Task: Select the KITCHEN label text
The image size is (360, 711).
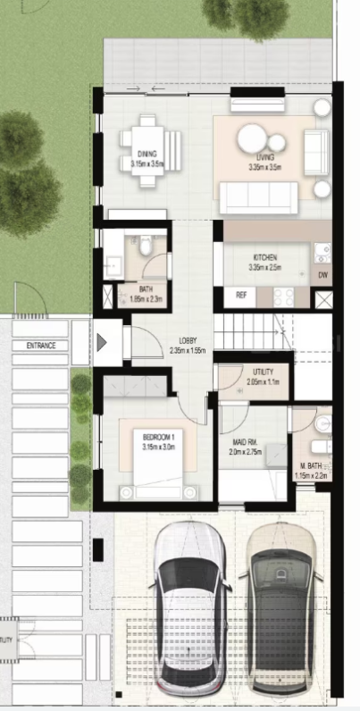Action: pyautogui.click(x=266, y=255)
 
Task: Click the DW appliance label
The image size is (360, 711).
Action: pyautogui.click(x=323, y=276)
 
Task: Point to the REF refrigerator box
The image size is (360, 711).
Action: pyautogui.click(x=241, y=294)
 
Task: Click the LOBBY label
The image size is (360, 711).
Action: pyautogui.click(x=188, y=340)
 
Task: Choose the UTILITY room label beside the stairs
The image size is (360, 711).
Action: pyautogui.click(x=263, y=372)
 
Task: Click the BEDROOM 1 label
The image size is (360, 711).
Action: pyautogui.click(x=162, y=438)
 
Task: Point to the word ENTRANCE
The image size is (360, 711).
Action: pyautogui.click(x=41, y=346)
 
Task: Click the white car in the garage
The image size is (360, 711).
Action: pyautogui.click(x=188, y=607)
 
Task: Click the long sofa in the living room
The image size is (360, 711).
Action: pyautogui.click(x=259, y=197)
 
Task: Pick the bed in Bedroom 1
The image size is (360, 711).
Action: pyautogui.click(x=160, y=460)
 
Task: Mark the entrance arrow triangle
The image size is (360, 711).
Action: pyautogui.click(x=103, y=342)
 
